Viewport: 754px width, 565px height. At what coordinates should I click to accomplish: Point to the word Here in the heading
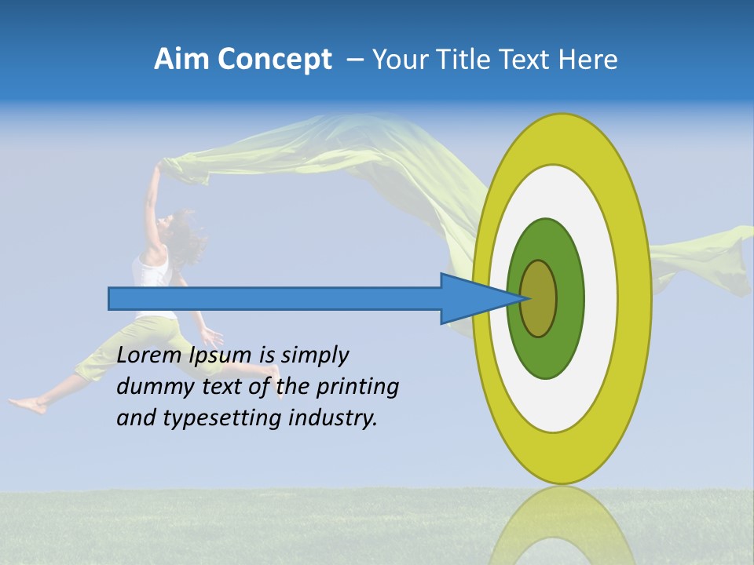587,60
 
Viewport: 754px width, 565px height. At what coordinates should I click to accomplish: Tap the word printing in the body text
357,386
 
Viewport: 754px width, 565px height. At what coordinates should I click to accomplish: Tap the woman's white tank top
152,275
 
